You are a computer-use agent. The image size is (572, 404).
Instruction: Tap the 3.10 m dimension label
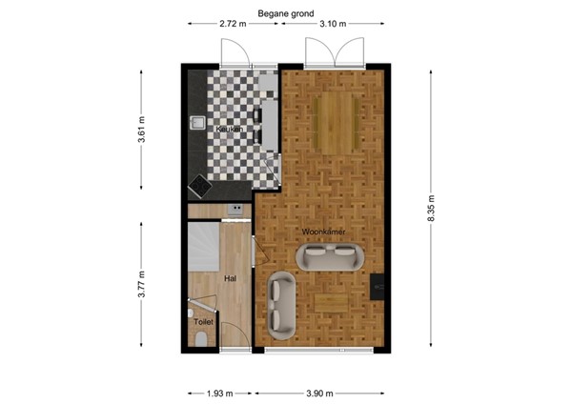(x=333, y=23)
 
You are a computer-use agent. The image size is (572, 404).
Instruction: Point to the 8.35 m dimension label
(x=431, y=210)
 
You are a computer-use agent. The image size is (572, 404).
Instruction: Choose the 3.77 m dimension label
(x=141, y=284)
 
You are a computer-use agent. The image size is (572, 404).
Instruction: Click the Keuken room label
(x=230, y=129)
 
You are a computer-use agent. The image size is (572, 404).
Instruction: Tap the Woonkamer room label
(x=323, y=232)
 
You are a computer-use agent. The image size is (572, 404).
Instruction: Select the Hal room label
(x=230, y=279)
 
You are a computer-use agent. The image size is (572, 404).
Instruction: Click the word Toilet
(x=203, y=322)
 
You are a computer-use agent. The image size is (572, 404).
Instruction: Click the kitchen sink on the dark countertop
(x=197, y=122)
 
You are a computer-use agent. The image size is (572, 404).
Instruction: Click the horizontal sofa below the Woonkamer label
(x=331, y=255)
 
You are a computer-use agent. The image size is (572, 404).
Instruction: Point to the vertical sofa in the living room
(x=281, y=303)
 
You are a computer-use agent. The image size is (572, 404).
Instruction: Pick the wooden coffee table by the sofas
(x=331, y=302)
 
